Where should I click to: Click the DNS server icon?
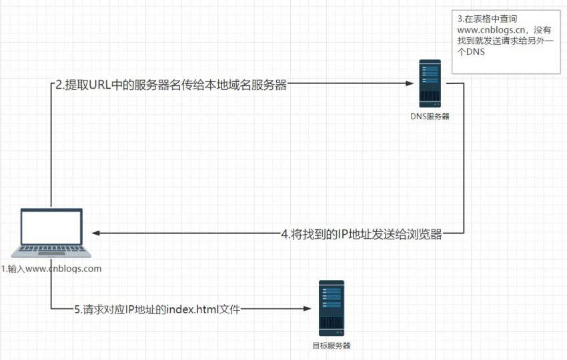click(x=430, y=83)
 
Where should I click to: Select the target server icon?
click(x=332, y=308)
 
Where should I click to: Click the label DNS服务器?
click(x=430, y=116)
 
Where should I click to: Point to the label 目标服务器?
click(x=332, y=345)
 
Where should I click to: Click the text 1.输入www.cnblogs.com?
click(x=51, y=269)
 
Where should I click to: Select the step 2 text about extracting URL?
click(x=171, y=85)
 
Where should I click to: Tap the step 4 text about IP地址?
click(x=362, y=234)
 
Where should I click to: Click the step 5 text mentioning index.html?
click(x=156, y=309)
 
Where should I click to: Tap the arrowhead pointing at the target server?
click(x=308, y=309)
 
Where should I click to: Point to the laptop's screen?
click(x=51, y=227)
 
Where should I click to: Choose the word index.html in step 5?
click(x=193, y=309)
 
